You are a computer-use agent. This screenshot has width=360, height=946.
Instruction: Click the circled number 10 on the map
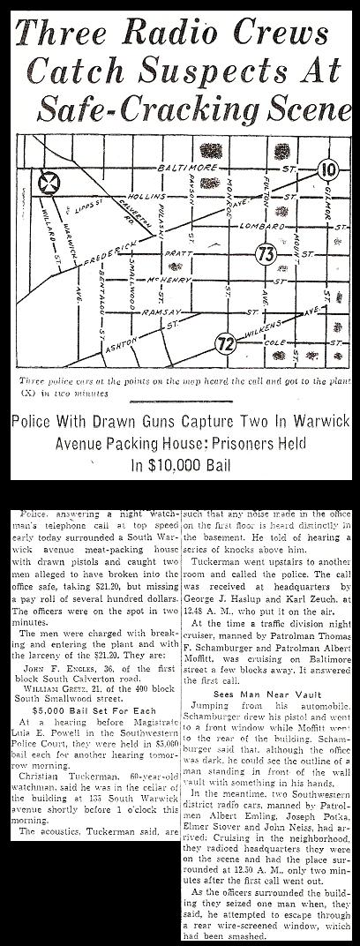click(x=327, y=168)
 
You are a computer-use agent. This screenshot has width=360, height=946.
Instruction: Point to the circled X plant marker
click(x=49, y=184)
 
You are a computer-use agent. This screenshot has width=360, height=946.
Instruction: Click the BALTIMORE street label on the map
click(x=181, y=166)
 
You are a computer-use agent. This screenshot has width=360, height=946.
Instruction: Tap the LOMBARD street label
click(x=254, y=229)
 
